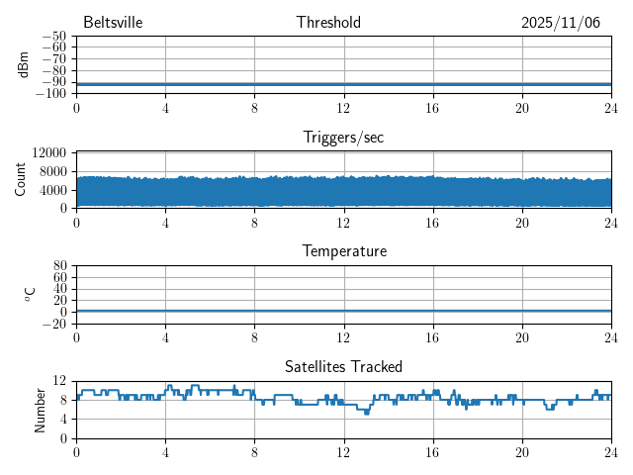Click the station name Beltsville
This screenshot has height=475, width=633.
[x=113, y=23]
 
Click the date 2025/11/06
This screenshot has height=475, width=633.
[x=561, y=23]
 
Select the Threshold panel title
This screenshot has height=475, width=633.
[x=328, y=23]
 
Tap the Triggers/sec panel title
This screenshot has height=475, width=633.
[x=343, y=138]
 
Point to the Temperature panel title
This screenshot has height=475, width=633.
[x=343, y=251]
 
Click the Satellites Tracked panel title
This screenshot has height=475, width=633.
[x=343, y=366]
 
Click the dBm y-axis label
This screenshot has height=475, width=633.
[x=23, y=64]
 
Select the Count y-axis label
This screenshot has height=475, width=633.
[x=20, y=179]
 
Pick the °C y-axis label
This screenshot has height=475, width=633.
[x=30, y=294]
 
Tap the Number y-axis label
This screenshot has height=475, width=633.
[x=40, y=409]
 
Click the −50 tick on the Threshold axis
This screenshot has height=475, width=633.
[x=53, y=37]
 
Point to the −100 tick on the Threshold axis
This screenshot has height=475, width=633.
[x=50, y=94]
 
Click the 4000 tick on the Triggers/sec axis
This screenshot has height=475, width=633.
[x=53, y=189]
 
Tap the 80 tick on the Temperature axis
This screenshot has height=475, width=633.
[x=59, y=266]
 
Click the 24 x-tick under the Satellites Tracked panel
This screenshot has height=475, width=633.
[x=610, y=451]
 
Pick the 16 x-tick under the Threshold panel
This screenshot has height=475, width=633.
[x=432, y=108]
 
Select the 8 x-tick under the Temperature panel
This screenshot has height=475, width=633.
[x=254, y=336]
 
